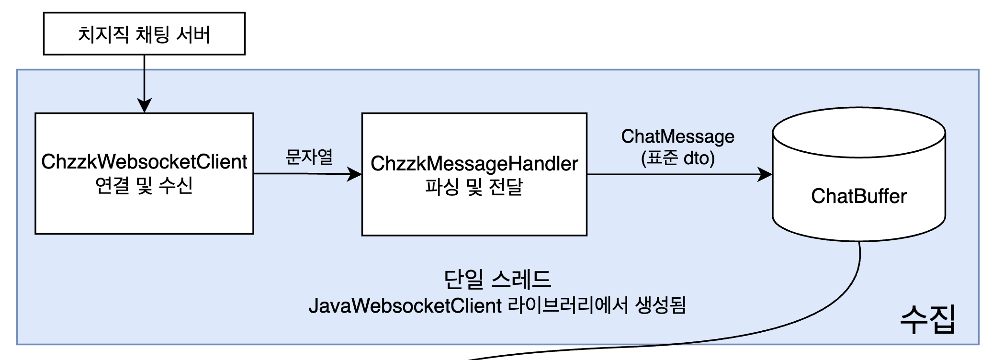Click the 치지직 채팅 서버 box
coord(144,34)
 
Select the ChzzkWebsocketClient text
coord(144,162)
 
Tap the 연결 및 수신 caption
coord(144,185)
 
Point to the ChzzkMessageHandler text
coord(474,164)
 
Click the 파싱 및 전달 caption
coord(474,187)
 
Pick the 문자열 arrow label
coord(309,157)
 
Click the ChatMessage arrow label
coord(677,136)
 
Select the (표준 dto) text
coord(677,158)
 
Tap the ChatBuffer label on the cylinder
coord(859,196)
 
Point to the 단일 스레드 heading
coord(497,279)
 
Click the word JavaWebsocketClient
coord(405,306)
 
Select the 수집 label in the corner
coord(927,319)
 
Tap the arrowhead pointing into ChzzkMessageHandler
coord(355,174)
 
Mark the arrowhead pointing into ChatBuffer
coord(765,174)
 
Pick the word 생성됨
coord(661,305)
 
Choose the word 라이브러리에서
coord(568,305)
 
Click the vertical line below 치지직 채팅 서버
coord(144,77)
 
